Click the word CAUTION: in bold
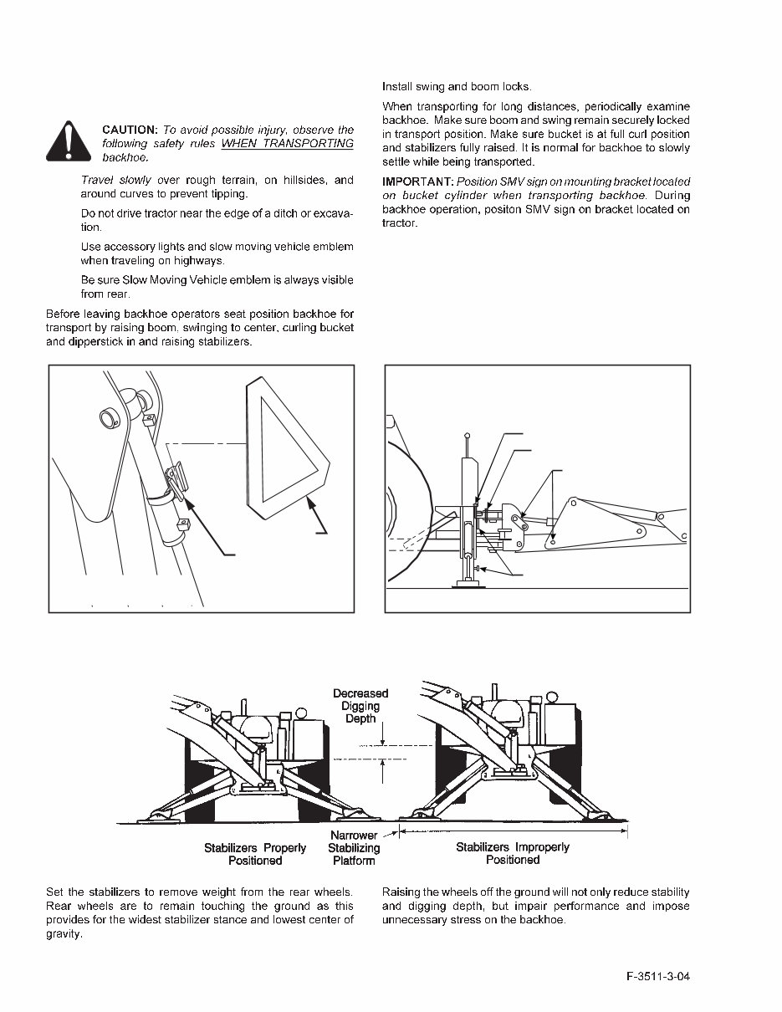130,130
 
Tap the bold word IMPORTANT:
418,182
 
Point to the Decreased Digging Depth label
360,706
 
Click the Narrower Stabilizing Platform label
354,847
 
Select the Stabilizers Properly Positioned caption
255,853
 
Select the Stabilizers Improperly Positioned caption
512,853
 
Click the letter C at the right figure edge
684,536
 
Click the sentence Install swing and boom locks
456,87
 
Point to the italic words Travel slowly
116,181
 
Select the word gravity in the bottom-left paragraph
64,933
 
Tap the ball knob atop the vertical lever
468,435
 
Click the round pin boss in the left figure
107,416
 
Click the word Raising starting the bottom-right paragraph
402,892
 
